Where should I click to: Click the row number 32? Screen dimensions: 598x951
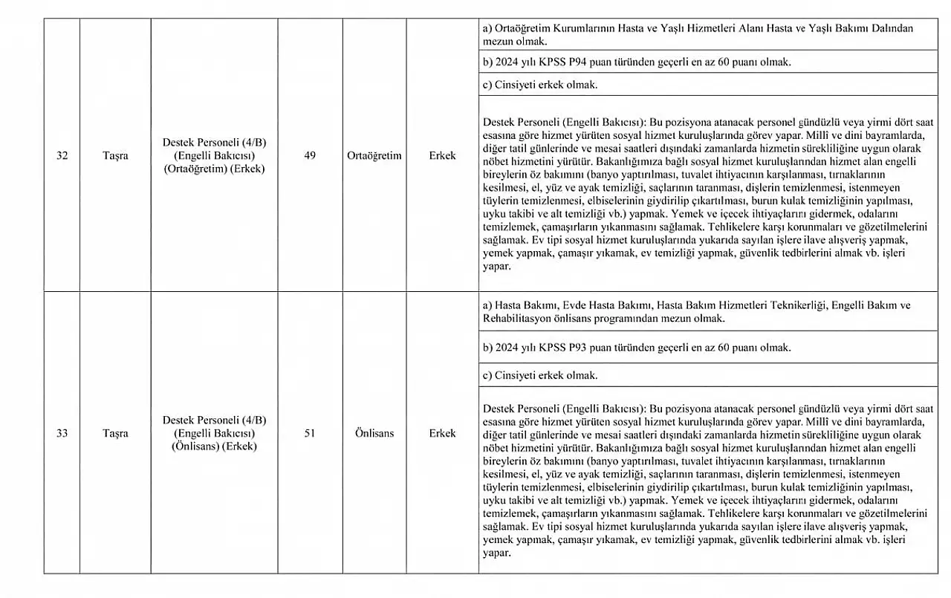coord(62,156)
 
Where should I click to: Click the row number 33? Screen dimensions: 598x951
coord(62,433)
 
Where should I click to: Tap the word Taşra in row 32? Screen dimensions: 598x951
coord(115,156)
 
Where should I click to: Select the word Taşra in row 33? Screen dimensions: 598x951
coord(115,433)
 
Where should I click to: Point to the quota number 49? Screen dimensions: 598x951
coord(310,156)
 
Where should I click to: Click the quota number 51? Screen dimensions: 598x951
coord(310,433)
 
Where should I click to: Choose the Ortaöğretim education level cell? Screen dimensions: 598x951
coord(374,156)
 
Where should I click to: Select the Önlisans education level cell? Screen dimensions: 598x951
coord(374,433)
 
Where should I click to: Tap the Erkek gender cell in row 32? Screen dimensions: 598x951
coord(442,156)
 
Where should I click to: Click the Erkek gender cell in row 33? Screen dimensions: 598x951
coord(442,433)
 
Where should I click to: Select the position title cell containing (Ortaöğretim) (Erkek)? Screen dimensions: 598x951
coord(214,156)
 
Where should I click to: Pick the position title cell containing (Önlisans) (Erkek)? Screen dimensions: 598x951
coord(214,433)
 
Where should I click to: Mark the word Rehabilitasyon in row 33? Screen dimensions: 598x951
coord(516,318)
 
